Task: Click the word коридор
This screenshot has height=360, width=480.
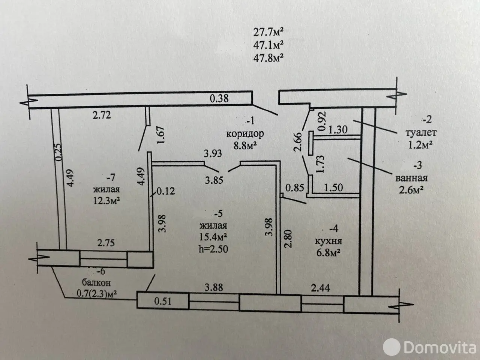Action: tap(245, 134)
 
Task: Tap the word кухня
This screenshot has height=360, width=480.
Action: tap(328, 241)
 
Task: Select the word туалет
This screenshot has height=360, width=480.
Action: tap(421, 133)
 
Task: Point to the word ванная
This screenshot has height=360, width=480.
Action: tap(411, 178)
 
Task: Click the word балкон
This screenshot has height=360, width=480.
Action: tap(96, 283)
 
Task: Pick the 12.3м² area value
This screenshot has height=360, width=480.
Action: tap(106, 200)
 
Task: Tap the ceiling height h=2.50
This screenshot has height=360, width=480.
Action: tap(213, 249)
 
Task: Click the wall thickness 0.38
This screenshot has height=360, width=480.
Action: tap(219, 98)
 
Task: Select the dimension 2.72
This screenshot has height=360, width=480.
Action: tap(102, 115)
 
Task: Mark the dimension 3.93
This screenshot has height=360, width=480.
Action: tap(213, 153)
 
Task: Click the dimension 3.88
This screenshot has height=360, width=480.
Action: tap(214, 287)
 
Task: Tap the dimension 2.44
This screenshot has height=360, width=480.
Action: tap(320, 288)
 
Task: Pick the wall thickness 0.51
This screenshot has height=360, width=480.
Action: tap(163, 301)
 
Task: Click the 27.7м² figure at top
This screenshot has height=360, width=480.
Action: tap(268, 33)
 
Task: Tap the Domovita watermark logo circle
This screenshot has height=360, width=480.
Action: tap(391, 347)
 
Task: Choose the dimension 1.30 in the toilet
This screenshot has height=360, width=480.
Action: tap(338, 130)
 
